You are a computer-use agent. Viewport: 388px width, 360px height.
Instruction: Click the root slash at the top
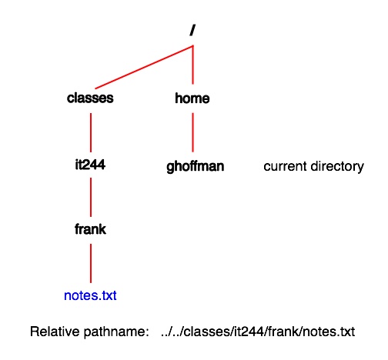pos(192,30)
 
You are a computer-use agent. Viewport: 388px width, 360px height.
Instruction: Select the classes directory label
pos(90,98)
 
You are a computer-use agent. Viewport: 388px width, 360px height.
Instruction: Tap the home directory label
pos(192,98)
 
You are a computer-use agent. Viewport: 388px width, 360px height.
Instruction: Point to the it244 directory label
pos(90,165)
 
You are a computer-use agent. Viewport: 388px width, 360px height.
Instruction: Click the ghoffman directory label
pos(196,167)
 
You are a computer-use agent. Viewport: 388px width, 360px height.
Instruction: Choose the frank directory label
pos(90,229)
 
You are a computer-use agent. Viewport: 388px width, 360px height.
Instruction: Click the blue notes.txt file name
pos(90,295)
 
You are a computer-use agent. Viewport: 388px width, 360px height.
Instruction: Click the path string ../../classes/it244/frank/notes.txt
pos(258,332)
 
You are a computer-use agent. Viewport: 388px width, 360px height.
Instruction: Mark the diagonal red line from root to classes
pos(144,67)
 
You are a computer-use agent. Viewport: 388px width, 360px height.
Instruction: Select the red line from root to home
pos(193,65)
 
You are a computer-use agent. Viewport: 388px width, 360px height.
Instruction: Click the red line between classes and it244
pos(91,132)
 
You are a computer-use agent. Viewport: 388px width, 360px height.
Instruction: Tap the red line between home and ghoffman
pos(193,132)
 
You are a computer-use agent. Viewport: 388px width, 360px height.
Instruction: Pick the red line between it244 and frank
pos(91,197)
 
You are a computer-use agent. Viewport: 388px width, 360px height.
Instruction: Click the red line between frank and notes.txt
pos(91,263)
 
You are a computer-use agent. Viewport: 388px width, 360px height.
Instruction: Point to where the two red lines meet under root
pos(193,46)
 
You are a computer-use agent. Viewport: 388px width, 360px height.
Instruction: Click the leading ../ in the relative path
pos(166,332)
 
